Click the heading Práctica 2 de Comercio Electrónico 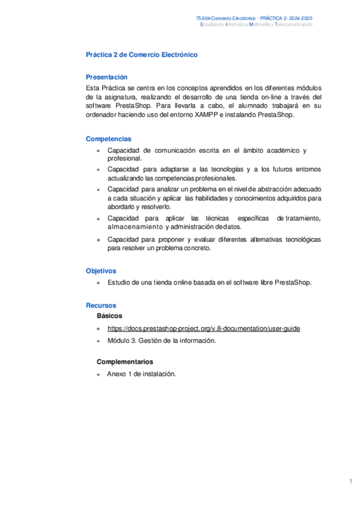tap(142, 55)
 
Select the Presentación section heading tap(106, 77)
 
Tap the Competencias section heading tap(108, 139)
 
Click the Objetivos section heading tap(101, 271)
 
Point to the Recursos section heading tap(101, 306)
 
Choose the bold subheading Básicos tap(109, 315)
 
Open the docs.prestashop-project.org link tap(204, 328)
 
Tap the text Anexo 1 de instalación tap(141, 373)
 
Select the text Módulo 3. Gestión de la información tap(161, 340)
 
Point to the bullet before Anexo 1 tap(98, 374)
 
